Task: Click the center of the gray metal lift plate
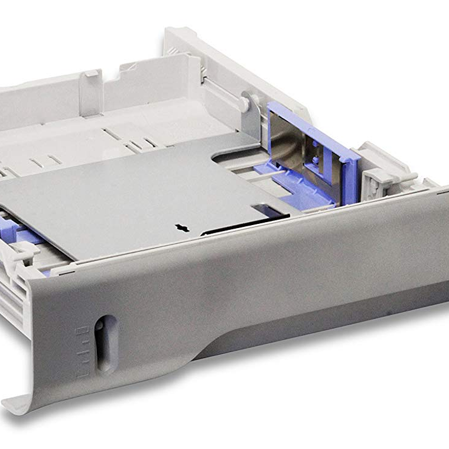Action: [x=148, y=195]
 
